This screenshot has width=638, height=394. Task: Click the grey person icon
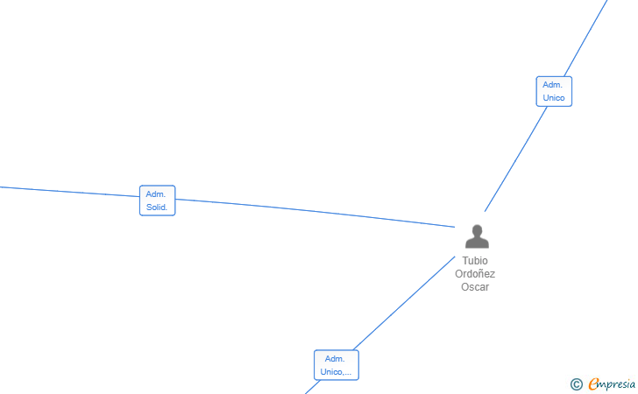tap(477, 237)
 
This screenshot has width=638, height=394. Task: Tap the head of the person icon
tap(477, 231)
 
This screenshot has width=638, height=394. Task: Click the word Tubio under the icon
tap(475, 261)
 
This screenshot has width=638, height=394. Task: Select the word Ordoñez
tap(475, 274)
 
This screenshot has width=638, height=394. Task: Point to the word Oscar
tap(475, 287)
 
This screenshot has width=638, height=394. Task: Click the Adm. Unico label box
tap(554, 91)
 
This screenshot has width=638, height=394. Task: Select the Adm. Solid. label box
tap(158, 201)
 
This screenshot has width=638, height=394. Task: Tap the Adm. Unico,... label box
tap(337, 365)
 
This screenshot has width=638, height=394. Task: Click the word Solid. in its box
tap(158, 208)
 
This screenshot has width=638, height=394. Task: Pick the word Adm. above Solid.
tap(157, 194)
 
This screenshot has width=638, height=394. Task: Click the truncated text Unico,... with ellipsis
tap(337, 372)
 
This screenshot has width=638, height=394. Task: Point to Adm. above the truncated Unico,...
tap(335, 359)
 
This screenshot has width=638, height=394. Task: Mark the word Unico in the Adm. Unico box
tap(554, 98)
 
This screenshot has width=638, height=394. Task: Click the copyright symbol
tap(576, 384)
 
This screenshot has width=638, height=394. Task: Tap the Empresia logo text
tap(613, 383)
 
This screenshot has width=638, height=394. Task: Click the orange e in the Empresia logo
tap(593, 384)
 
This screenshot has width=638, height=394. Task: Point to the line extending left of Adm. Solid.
tap(70, 191)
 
